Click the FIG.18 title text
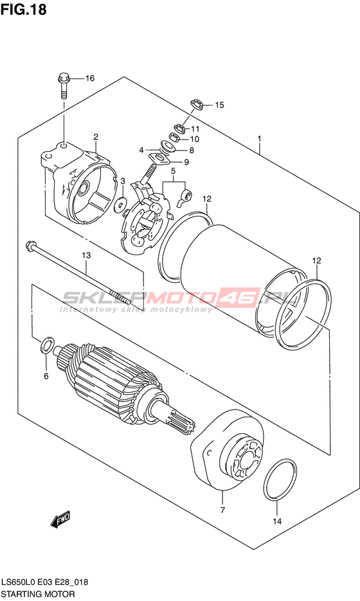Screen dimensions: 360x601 click(23, 9)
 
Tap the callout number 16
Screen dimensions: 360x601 click(90, 78)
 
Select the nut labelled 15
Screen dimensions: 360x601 click(197, 105)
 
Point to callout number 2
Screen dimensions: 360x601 click(95, 137)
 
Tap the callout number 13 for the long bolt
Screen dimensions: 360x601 click(86, 255)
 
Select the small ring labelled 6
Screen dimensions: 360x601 click(46, 345)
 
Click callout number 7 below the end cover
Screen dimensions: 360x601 click(222, 510)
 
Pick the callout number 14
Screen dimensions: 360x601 click(277, 521)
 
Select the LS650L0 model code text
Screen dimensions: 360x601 click(19, 582)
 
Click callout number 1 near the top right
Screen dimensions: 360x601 click(260, 138)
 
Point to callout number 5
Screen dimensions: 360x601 click(174, 170)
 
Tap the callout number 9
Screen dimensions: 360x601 click(186, 162)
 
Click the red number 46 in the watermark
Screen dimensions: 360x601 click(247, 298)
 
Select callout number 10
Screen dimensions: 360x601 click(194, 139)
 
